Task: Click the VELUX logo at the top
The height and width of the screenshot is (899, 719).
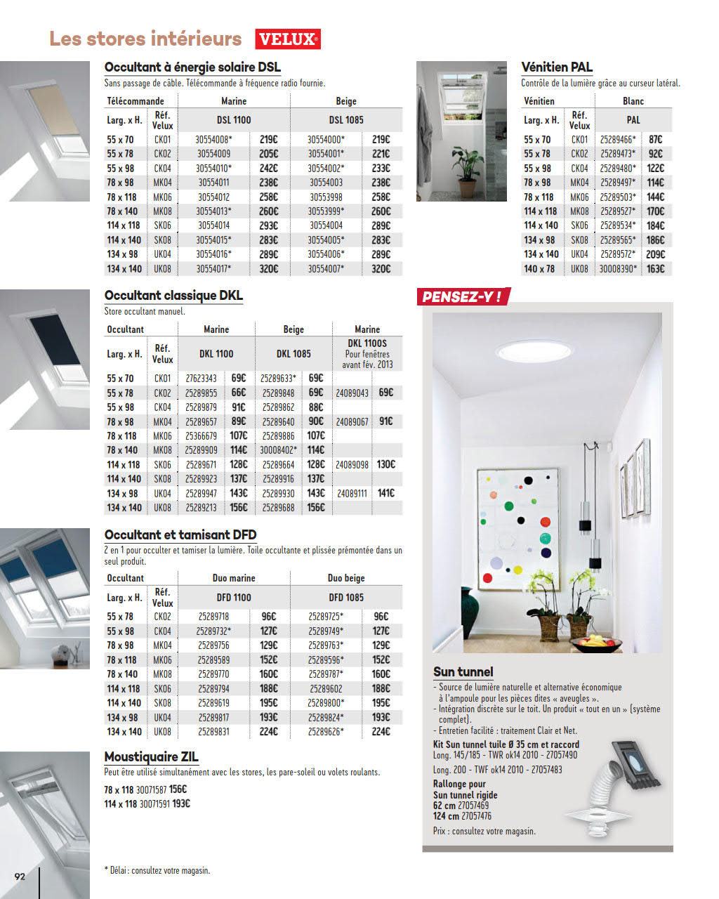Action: tap(288, 39)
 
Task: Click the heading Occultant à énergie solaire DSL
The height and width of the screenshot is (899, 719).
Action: tap(192, 67)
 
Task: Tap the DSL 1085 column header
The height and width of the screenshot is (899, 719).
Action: tap(346, 120)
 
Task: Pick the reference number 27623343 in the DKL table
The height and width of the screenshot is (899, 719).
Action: tap(201, 379)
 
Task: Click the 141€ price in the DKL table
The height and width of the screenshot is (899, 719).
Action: tap(385, 493)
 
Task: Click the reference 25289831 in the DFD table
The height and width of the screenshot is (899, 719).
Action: tap(213, 732)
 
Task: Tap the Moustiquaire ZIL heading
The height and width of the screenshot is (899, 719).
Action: tap(151, 756)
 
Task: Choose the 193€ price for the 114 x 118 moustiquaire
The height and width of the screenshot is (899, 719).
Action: tap(180, 803)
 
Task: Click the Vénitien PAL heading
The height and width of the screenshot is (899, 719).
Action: tap(557, 67)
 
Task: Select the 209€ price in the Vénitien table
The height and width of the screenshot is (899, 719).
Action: tap(655, 254)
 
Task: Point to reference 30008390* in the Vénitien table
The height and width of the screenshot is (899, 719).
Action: tap(618, 268)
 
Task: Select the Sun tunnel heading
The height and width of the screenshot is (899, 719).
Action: tap(463, 671)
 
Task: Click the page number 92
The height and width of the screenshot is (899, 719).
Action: tap(20, 876)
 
